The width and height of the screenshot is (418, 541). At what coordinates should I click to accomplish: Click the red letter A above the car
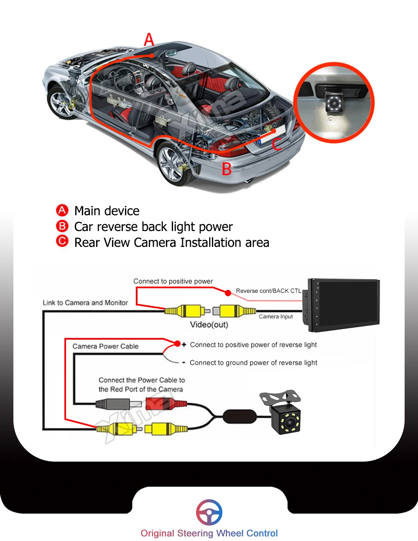pyautogui.click(x=149, y=40)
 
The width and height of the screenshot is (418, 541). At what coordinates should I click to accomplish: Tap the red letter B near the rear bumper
pyautogui.click(x=227, y=169)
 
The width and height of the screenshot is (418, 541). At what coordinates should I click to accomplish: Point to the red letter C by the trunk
pyautogui.click(x=277, y=144)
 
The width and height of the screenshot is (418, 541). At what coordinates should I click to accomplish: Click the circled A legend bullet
pyautogui.click(x=62, y=210)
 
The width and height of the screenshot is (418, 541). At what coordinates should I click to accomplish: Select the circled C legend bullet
pyautogui.click(x=62, y=241)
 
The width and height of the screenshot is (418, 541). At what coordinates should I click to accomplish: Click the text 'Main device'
pyautogui.click(x=107, y=211)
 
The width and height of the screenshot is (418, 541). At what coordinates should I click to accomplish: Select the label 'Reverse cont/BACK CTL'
pyautogui.click(x=268, y=291)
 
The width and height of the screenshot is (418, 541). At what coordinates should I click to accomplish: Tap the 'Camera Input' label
pyautogui.click(x=275, y=317)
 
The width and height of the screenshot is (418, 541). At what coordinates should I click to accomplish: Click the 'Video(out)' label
pyautogui.click(x=209, y=325)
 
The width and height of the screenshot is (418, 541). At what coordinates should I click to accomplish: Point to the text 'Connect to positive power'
pyautogui.click(x=173, y=281)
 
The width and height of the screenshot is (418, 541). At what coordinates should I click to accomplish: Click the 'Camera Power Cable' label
pyautogui.click(x=105, y=346)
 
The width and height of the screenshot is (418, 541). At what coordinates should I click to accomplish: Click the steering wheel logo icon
pyautogui.click(x=209, y=512)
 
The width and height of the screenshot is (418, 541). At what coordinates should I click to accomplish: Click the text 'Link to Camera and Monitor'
pyautogui.click(x=85, y=302)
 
